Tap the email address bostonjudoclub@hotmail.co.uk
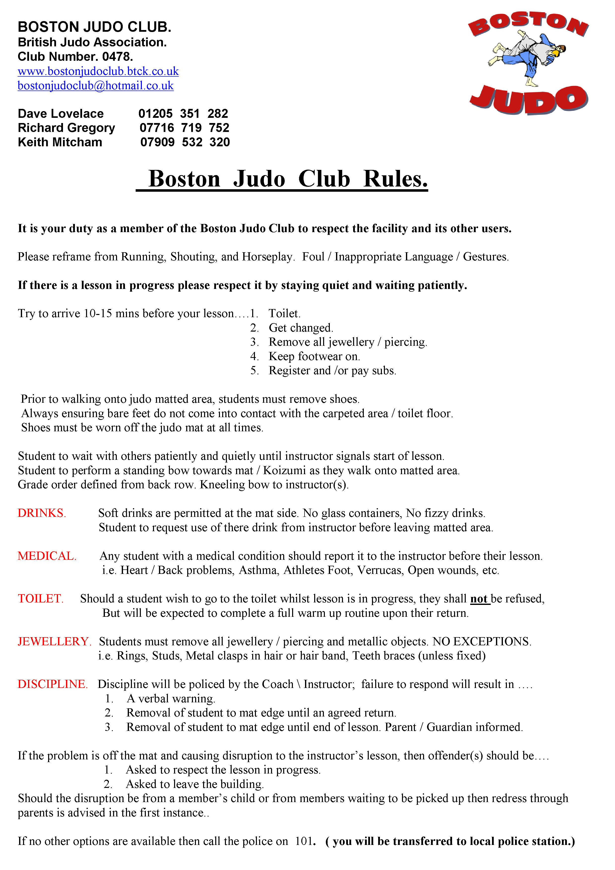[95, 86]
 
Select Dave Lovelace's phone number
[183, 114]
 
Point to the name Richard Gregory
[66, 128]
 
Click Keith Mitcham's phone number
[185, 142]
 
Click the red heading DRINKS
[42, 513]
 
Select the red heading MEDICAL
[47, 556]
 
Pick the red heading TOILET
[40, 599]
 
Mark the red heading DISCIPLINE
[53, 684]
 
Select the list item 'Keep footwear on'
[314, 357]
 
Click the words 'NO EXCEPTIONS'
[481, 642]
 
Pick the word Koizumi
[284, 471]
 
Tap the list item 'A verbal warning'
[171, 699]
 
